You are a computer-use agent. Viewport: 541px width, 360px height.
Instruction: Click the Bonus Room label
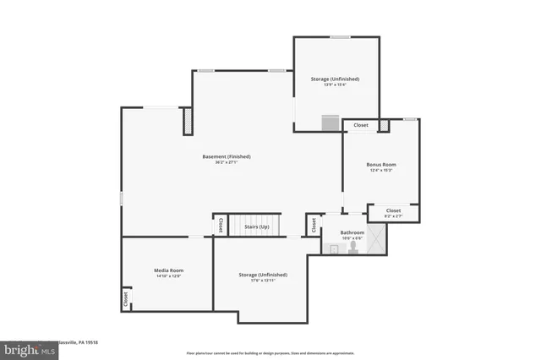point(381,165)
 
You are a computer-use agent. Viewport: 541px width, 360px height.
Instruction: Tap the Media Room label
point(167,270)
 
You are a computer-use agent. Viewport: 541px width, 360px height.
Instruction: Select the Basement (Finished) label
point(226,156)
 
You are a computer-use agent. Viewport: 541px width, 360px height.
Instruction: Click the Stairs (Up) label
point(256,226)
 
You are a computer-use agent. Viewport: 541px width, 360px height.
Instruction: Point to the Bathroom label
point(352,232)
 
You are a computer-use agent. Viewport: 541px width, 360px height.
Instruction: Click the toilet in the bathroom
point(353,248)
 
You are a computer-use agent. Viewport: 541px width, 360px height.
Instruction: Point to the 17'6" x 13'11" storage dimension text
point(262,281)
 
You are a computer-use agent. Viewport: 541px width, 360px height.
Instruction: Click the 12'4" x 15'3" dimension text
point(381,171)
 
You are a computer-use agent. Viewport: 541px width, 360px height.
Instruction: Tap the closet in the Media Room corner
point(126,298)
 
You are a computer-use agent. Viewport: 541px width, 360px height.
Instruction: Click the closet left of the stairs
point(220,226)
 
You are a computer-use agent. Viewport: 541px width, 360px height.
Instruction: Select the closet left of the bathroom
point(314,226)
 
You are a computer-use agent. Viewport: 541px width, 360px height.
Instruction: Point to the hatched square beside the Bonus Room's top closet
point(383,126)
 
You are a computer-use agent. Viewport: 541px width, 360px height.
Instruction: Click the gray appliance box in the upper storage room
point(330,124)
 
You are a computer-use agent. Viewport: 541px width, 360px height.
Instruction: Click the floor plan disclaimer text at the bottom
point(270,352)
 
